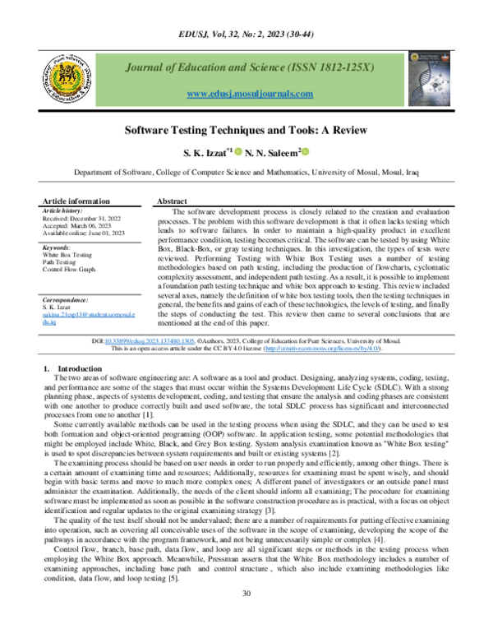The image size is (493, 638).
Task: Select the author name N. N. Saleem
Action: coord(274,153)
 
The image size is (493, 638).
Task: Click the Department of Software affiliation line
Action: coord(246,174)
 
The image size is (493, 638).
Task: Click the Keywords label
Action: coord(56,247)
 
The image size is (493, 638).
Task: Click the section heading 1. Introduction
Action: coord(71,369)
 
